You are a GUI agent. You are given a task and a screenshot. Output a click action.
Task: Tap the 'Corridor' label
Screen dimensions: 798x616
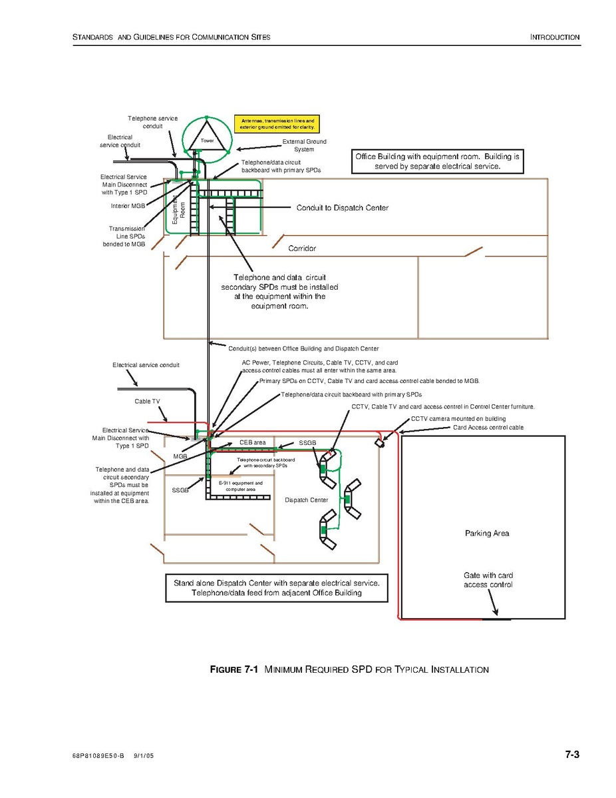pos(302,248)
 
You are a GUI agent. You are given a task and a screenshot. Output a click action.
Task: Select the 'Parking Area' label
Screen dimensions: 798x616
pos(487,534)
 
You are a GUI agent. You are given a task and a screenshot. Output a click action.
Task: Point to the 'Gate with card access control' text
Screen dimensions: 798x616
pos(488,580)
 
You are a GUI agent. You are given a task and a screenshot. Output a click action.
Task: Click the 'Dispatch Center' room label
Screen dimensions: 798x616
pos(306,500)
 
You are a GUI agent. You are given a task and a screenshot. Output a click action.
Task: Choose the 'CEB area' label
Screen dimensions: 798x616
pos(253,442)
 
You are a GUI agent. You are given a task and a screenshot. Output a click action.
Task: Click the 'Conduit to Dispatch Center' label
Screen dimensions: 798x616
pos(342,208)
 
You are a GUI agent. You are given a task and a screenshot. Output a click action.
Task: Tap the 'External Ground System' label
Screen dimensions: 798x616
pos(304,145)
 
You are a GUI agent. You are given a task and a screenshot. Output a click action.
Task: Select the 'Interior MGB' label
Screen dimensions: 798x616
pos(128,206)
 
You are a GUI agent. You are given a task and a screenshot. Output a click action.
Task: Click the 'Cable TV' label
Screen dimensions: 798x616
pos(147,402)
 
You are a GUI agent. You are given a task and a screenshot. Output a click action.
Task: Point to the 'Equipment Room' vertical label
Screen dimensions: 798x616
pos(179,208)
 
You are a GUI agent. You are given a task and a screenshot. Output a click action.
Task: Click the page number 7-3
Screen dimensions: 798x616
pos(572,755)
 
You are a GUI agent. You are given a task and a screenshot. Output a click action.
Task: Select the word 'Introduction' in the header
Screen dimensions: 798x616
pos(555,37)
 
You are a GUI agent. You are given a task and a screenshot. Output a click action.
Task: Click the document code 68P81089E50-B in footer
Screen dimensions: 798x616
pos(98,757)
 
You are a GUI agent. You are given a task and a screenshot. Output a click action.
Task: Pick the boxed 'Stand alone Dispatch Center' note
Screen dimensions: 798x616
pos(276,588)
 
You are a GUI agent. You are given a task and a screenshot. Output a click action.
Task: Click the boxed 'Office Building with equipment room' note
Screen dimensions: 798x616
pos(437,161)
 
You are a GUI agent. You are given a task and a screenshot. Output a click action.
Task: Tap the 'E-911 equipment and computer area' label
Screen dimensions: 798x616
pos(240,486)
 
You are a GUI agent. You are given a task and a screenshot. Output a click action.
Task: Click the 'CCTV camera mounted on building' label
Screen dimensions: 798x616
pos(458,418)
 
